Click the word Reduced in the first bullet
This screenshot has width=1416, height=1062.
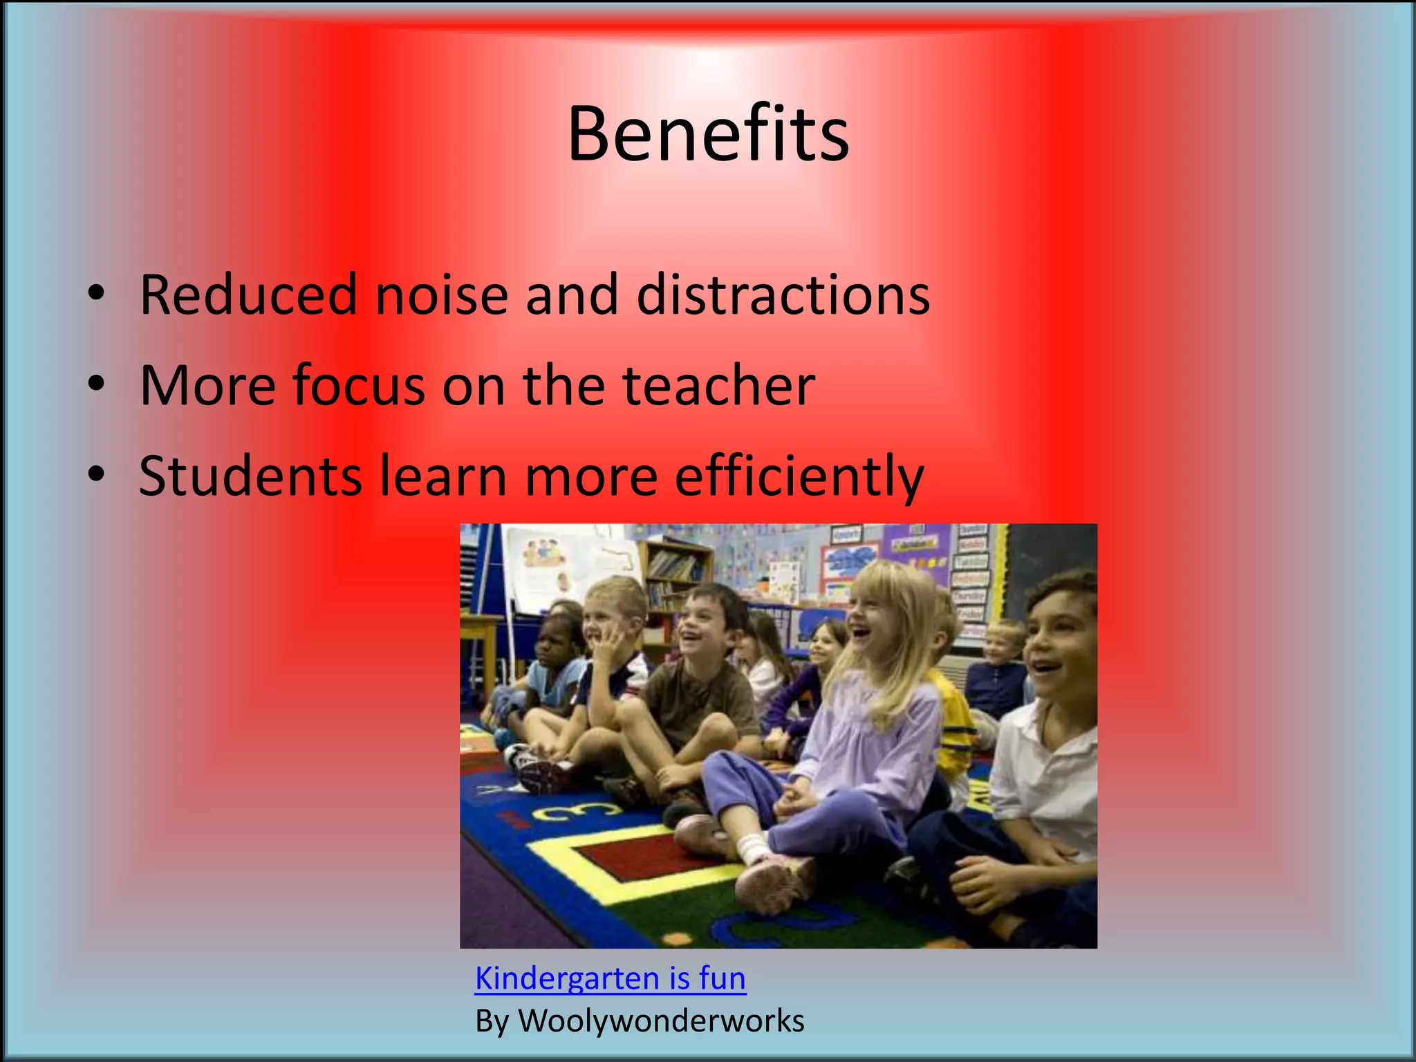pyautogui.click(x=248, y=295)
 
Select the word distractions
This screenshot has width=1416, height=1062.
pyautogui.click(x=783, y=295)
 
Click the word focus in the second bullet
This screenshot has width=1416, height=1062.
pyautogui.click(x=358, y=385)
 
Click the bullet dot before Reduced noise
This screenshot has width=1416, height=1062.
pyautogui.click(x=96, y=293)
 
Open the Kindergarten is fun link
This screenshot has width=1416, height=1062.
pyautogui.click(x=611, y=978)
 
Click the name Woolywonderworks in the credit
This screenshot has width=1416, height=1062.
pyautogui.click(x=661, y=1021)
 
